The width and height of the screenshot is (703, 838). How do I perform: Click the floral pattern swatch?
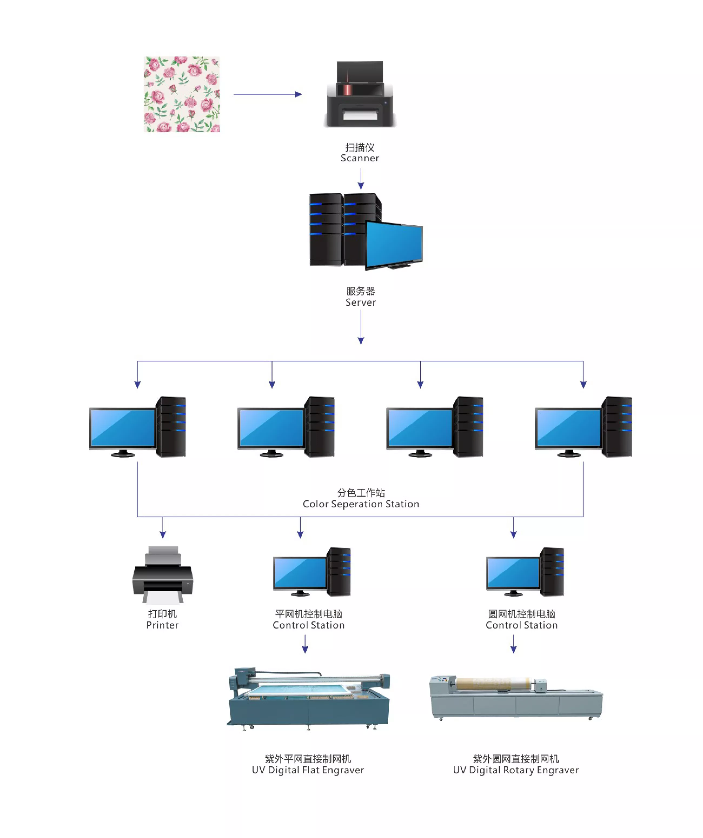click(182, 94)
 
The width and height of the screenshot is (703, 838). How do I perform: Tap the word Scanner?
click(360, 158)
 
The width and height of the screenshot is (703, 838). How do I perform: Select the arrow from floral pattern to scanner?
click(267, 94)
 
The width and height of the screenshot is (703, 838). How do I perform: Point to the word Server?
click(360, 302)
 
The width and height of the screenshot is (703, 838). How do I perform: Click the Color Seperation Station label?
click(361, 504)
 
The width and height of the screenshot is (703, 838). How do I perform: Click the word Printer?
click(163, 625)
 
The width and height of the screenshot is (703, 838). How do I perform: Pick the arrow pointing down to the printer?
click(163, 528)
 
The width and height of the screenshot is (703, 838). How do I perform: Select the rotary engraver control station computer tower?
click(552, 572)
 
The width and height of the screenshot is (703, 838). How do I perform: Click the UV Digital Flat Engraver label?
click(308, 770)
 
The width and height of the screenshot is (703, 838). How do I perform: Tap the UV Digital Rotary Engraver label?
click(516, 770)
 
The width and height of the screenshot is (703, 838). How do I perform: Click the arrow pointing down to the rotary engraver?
click(514, 644)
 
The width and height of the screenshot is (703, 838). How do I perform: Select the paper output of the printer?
click(163, 598)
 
